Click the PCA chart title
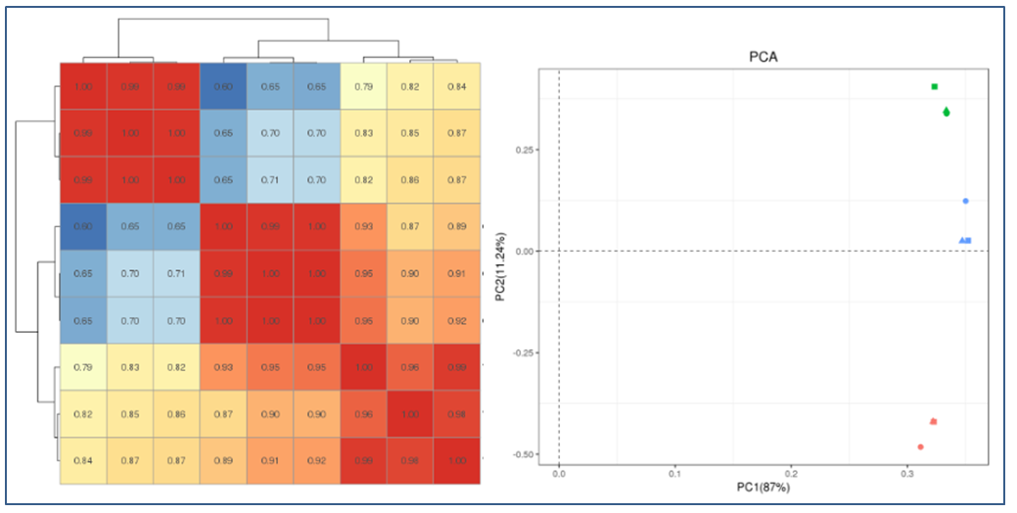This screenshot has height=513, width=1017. [763, 57]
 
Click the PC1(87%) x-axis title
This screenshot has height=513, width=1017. [763, 487]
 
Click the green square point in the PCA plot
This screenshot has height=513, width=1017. [935, 87]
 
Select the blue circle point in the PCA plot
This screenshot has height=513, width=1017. [965, 201]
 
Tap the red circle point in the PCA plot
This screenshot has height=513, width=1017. [920, 446]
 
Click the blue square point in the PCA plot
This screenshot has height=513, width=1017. [968, 240]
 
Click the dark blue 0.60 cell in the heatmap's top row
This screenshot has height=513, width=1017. [223, 87]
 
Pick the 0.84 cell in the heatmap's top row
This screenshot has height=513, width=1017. [457, 87]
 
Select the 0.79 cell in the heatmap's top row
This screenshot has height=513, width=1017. [364, 87]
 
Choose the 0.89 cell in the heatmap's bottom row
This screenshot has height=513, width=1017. [223, 460]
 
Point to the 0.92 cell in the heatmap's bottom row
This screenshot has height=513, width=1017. [317, 460]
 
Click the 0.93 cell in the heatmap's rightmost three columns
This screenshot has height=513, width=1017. [364, 227]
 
